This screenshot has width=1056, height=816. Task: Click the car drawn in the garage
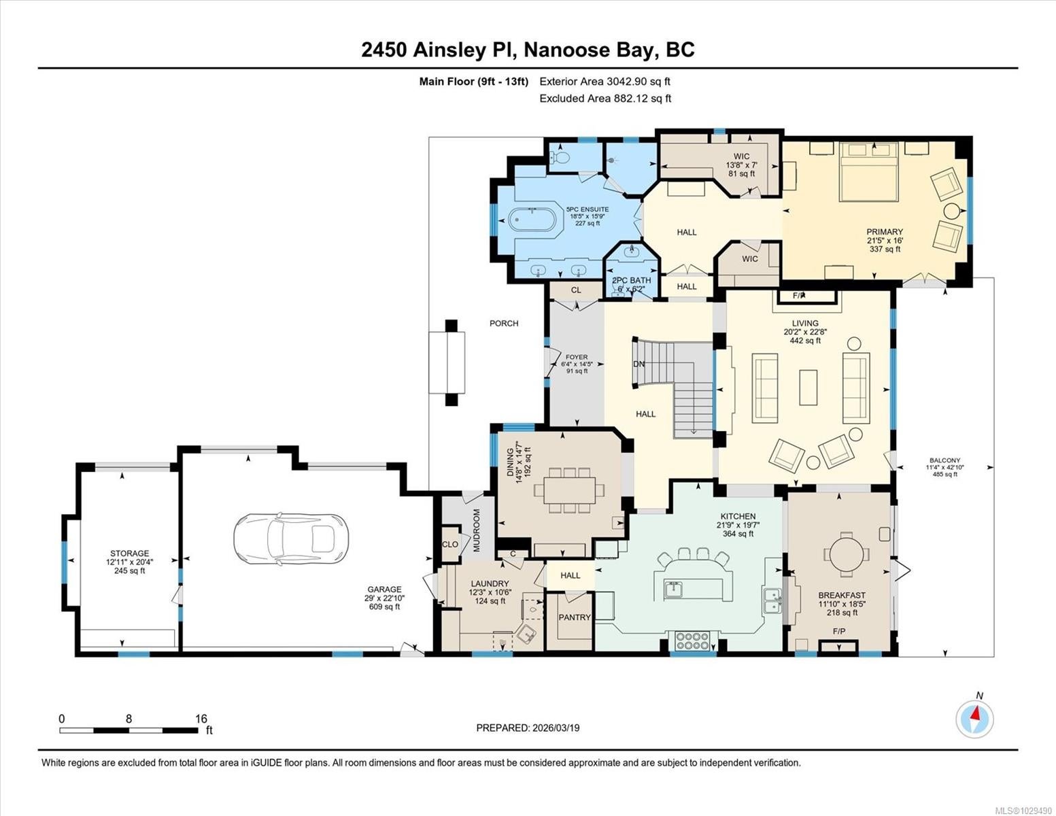click(290, 539)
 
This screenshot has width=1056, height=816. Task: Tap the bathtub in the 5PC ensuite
click(532, 219)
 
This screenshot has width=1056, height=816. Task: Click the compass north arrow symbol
click(974, 719)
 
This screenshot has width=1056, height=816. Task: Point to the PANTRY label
click(575, 617)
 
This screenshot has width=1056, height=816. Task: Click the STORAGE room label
click(129, 553)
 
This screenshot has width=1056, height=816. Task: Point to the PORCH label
click(503, 323)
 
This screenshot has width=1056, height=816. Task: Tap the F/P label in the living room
click(799, 296)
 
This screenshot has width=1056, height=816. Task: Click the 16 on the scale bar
click(201, 718)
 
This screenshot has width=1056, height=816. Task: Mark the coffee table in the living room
click(808, 388)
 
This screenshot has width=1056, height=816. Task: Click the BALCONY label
click(944, 460)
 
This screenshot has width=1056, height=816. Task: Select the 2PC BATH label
click(631, 280)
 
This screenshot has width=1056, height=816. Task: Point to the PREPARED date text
click(528, 728)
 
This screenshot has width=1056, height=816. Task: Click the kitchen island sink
click(673, 589)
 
